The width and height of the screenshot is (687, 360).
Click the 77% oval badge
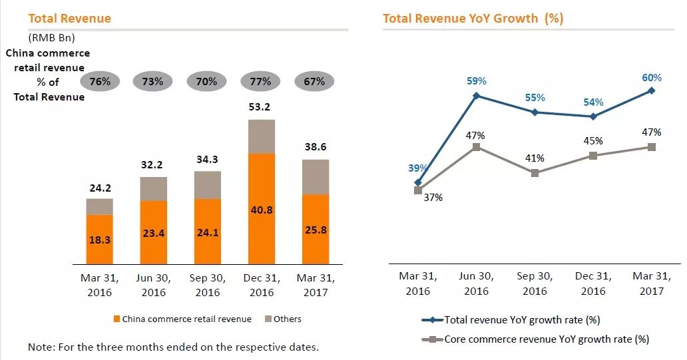click(x=261, y=82)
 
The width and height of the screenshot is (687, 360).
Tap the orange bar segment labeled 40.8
click(x=261, y=209)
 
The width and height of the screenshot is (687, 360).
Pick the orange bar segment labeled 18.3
click(x=100, y=240)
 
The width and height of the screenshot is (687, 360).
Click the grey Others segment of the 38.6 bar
click(x=315, y=177)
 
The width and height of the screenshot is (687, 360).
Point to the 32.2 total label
click(x=154, y=164)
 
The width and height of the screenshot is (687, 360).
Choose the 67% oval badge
click(x=314, y=82)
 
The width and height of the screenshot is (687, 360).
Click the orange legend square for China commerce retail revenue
click(x=117, y=319)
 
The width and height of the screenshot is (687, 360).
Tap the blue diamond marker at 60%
click(x=651, y=90)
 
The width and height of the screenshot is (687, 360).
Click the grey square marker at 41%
click(x=535, y=173)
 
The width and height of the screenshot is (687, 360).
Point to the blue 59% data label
click(x=477, y=81)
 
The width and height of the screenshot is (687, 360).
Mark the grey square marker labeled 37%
click(x=418, y=190)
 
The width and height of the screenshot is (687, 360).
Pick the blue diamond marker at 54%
click(x=593, y=116)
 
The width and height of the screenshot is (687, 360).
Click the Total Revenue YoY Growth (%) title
click(x=473, y=18)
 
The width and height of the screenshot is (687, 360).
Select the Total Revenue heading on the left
click(x=69, y=18)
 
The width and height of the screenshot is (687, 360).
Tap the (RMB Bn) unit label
click(x=51, y=37)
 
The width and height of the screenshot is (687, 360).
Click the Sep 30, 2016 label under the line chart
click(x=535, y=283)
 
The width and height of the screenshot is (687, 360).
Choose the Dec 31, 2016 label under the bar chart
click(x=261, y=285)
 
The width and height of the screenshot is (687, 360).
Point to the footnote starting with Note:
click(x=173, y=347)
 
